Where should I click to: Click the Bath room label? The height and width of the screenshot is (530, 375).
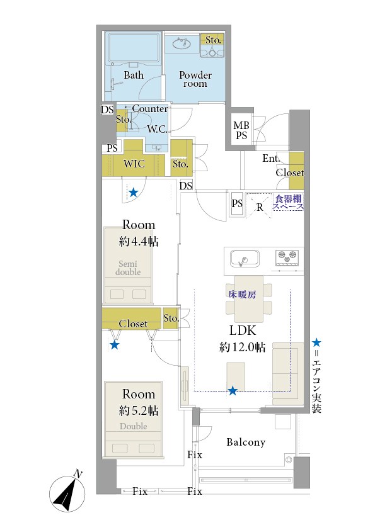pos(134,75)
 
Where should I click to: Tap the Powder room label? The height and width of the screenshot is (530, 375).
pos(195,79)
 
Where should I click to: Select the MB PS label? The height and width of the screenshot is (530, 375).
pos(241,130)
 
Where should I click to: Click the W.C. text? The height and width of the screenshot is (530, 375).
pos(157,129)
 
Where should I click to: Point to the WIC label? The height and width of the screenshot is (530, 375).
pos(134,164)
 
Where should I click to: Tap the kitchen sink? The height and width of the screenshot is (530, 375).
pos(245,259)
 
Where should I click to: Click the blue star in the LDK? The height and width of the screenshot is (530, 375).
pos(233,391)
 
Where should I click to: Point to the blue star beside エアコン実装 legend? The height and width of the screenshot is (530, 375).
pos(316,343)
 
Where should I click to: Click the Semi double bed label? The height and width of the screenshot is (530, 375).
pos(128,268)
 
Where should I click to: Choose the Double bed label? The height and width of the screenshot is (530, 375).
pos(134,426)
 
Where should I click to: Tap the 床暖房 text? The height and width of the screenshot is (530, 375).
pos(242,295)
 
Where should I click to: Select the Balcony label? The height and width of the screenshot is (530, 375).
pos(246,443)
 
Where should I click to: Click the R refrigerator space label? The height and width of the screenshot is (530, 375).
pos(260,207)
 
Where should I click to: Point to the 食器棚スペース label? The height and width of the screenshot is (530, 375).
pos(288,203)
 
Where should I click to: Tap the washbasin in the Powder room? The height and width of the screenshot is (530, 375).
pos(182,43)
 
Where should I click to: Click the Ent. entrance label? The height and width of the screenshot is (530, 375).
pos(271,158)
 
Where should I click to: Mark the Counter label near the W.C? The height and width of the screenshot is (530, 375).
pos(150,108)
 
